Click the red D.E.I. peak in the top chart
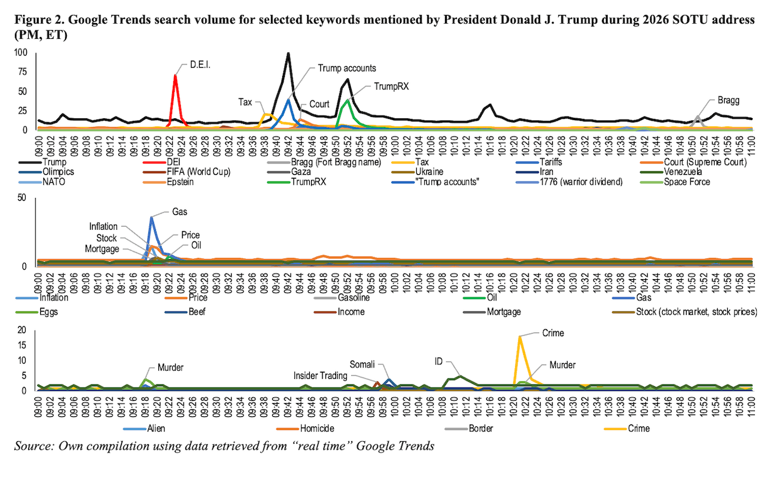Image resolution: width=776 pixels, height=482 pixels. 175,76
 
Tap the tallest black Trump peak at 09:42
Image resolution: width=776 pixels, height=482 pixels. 288,54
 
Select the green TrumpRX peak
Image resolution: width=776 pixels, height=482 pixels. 347,100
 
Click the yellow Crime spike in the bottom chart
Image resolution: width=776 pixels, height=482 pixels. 519,337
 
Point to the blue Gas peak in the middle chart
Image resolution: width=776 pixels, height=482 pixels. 151,218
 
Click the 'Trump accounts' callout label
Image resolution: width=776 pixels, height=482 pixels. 347,68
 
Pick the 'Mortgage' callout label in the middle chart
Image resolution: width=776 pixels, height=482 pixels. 103,249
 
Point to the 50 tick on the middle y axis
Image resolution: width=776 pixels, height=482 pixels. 24,198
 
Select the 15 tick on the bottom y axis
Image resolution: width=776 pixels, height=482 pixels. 24,346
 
